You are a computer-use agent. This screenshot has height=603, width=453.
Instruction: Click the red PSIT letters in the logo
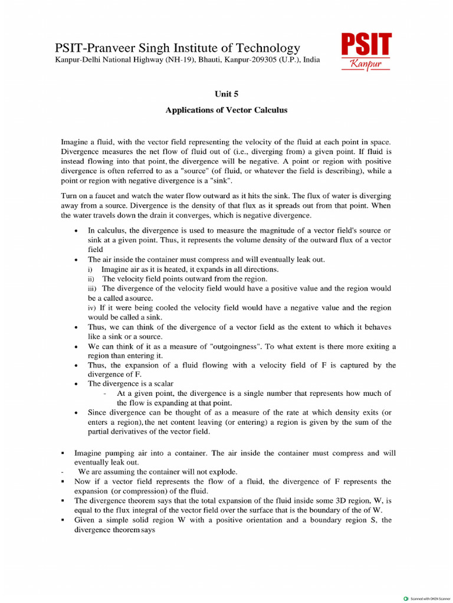pyautogui.click(x=366, y=45)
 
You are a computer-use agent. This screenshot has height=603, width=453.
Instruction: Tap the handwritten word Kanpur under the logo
pyautogui.click(x=365, y=64)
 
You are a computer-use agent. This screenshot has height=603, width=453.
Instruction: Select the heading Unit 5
pyautogui.click(x=226, y=93)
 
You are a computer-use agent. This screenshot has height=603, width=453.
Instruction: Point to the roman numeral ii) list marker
pyautogui.click(x=91, y=279)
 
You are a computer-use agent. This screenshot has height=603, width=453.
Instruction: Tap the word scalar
pyautogui.click(x=162, y=383)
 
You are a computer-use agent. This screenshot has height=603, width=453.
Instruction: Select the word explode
pyautogui.click(x=223, y=472)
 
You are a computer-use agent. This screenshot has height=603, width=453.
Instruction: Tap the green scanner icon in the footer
pyautogui.click(x=405, y=598)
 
